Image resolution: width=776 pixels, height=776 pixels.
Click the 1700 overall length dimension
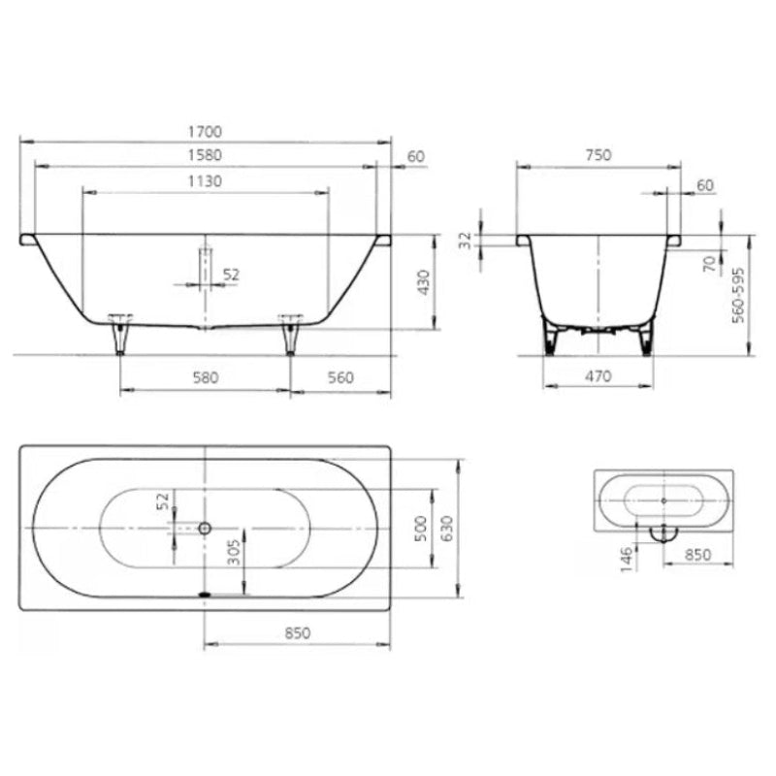coord(205,132)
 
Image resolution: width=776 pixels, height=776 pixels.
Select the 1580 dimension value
coord(205,155)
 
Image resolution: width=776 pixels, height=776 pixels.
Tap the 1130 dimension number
coord(205,181)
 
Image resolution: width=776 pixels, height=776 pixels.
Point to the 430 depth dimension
coord(424,282)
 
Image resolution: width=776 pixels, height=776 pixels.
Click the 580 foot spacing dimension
coord(206,377)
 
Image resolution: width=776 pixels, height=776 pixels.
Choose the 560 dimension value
coord(341,377)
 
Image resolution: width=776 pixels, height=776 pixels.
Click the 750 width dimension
coord(598,155)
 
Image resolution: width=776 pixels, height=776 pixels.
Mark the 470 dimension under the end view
coord(598,376)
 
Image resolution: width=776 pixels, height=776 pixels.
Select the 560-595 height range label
coord(738,296)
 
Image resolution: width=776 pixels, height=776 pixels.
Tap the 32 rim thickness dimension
coord(466,241)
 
